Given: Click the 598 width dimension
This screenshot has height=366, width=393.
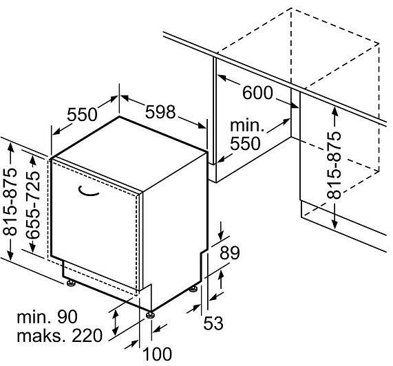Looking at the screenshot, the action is pyautogui.click(x=160, y=111).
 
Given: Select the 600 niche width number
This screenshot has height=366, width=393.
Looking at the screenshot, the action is pyautogui.click(x=257, y=93).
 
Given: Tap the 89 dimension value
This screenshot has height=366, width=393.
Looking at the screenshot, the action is pyautogui.click(x=230, y=253).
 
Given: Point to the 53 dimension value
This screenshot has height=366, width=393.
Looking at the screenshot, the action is pyautogui.click(x=213, y=323).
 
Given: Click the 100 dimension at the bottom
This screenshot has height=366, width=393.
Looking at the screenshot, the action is pyautogui.click(x=158, y=354).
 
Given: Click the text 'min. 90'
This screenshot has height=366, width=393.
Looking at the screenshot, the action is pyautogui.click(x=47, y=317).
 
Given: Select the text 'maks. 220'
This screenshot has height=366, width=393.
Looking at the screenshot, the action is pyautogui.click(x=60, y=336).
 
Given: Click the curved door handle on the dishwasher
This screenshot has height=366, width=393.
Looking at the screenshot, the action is pyautogui.click(x=89, y=191).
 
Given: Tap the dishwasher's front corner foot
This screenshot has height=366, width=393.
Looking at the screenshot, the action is pyautogui.click(x=150, y=314).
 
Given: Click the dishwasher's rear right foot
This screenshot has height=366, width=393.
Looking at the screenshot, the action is pyautogui.click(x=193, y=288).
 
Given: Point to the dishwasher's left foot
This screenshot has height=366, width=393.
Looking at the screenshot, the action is pyautogui.click(x=71, y=283).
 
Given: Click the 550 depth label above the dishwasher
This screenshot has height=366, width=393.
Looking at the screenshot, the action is pyautogui.click(x=82, y=115).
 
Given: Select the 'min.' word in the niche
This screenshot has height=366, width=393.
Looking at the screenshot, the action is pyautogui.click(x=247, y=125).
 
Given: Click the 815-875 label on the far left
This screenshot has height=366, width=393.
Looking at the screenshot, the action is pyautogui.click(x=10, y=202).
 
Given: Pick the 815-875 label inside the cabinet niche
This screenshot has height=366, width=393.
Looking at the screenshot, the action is pyautogui.click(x=334, y=165).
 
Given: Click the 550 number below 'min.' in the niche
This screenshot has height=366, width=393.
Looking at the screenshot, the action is pyautogui.click(x=246, y=144).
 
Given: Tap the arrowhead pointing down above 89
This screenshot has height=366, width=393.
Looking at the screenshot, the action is pyautogui.click(x=220, y=235).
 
